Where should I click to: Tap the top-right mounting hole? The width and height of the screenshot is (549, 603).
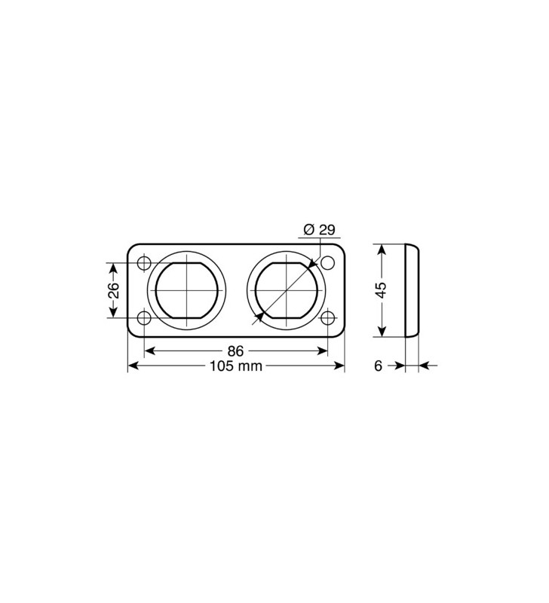click(327, 263)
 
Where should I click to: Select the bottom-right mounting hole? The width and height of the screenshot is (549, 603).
click(327, 317)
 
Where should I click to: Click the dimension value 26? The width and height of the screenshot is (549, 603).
click(113, 290)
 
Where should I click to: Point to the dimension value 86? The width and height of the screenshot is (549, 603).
click(236, 350)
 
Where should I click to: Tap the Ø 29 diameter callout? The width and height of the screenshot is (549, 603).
click(317, 229)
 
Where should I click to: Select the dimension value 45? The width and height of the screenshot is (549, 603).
click(382, 290)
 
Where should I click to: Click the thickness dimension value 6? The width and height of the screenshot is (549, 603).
click(379, 366)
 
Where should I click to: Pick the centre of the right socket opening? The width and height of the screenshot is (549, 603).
click(283, 290)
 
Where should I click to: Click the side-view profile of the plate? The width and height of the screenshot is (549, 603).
click(413, 290)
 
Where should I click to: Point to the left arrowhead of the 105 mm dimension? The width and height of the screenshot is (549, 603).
click(133, 366)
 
